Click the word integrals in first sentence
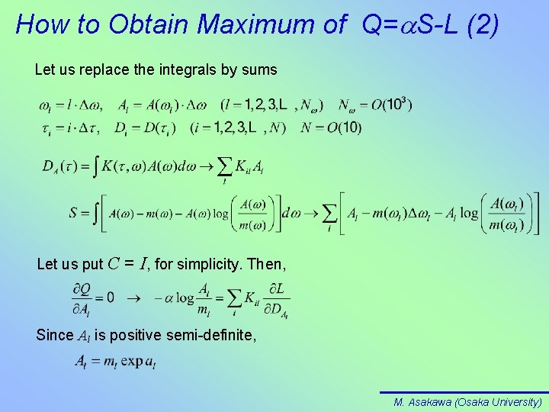click(x=177, y=70)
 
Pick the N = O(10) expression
click(x=331, y=127)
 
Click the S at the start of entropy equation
click(x=74, y=213)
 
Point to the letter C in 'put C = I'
click(x=112, y=265)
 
